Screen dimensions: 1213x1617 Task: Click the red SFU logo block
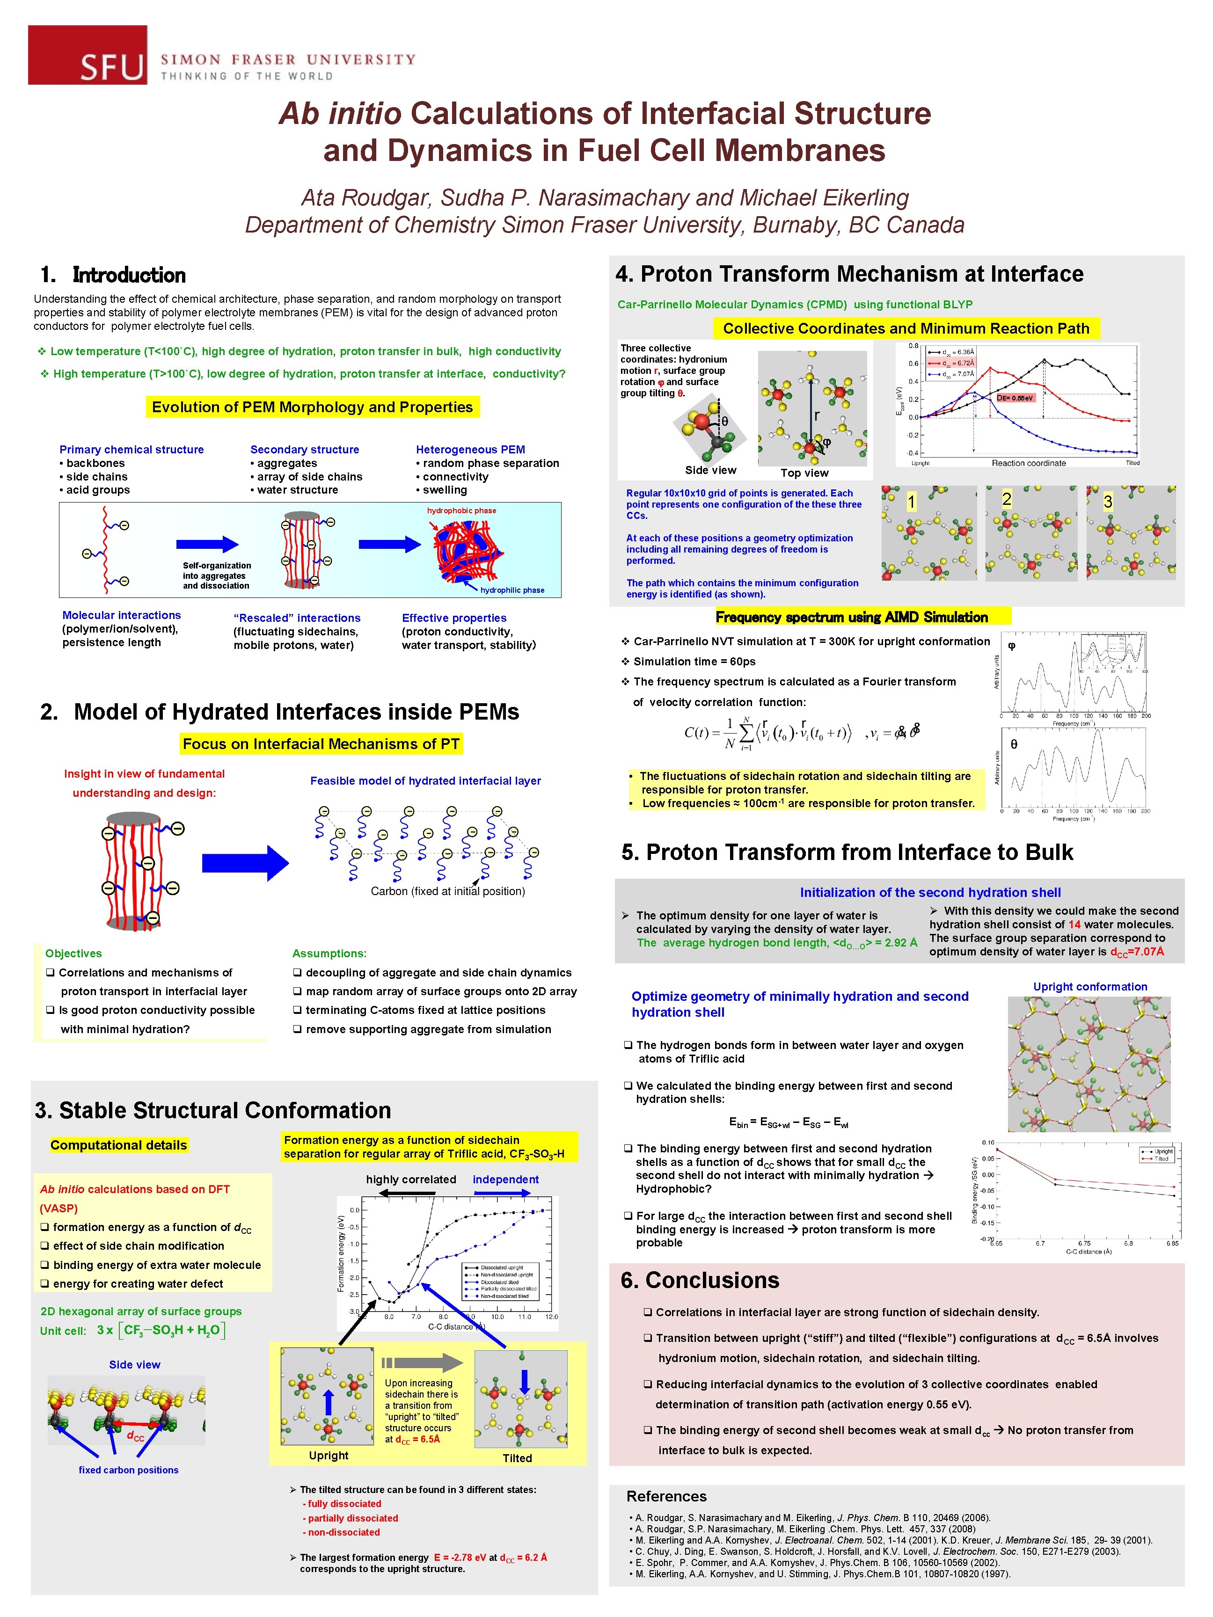point(87,55)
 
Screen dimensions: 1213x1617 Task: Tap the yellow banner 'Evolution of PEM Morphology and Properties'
point(312,407)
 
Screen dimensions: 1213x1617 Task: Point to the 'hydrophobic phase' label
point(461,511)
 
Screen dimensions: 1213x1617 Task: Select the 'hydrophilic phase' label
point(512,590)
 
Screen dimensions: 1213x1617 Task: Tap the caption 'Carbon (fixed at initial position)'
point(447,891)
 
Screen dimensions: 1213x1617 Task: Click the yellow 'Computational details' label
point(118,1145)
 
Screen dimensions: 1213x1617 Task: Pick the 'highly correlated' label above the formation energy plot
point(411,1179)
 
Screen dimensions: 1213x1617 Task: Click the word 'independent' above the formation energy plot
point(505,1179)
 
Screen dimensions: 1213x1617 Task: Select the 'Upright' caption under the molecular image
point(329,1456)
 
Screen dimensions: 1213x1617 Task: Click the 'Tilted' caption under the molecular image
point(517,1457)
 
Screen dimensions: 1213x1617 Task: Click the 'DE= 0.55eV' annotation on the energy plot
point(1016,398)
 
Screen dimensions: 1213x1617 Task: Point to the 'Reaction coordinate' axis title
point(1028,463)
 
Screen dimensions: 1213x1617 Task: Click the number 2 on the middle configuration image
point(1006,499)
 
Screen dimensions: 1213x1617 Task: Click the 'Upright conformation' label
point(1089,986)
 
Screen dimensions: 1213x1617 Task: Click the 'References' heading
point(666,1496)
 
